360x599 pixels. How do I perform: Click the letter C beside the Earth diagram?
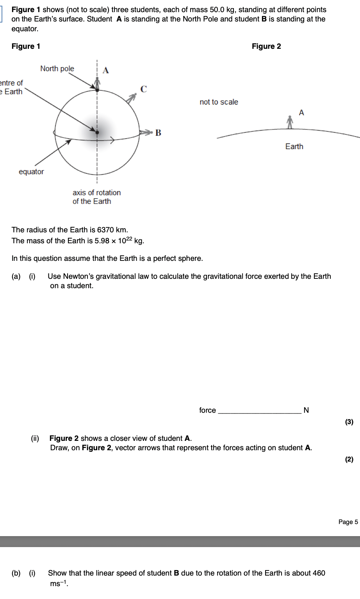(x=144, y=89)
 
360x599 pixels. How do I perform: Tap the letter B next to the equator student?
(x=158, y=133)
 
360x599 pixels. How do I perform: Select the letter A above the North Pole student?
(x=105, y=70)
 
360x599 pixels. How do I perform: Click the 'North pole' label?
(x=57, y=69)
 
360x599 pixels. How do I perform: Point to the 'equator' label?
(x=31, y=172)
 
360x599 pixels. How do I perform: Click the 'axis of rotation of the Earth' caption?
(x=96, y=197)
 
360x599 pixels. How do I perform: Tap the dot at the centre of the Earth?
(x=97, y=132)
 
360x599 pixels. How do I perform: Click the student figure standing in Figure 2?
(x=289, y=122)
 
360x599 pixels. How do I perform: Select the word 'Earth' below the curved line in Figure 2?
(x=294, y=146)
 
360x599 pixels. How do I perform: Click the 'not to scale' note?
(x=219, y=102)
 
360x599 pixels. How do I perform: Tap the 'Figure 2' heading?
(x=266, y=46)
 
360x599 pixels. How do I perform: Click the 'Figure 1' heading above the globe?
(x=26, y=46)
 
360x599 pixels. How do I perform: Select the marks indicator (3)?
(x=349, y=422)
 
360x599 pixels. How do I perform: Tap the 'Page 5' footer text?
(x=348, y=522)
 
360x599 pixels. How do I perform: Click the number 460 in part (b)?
(x=319, y=573)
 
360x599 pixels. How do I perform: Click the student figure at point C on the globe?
(x=132, y=98)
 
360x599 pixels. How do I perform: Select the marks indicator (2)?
(x=349, y=459)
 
